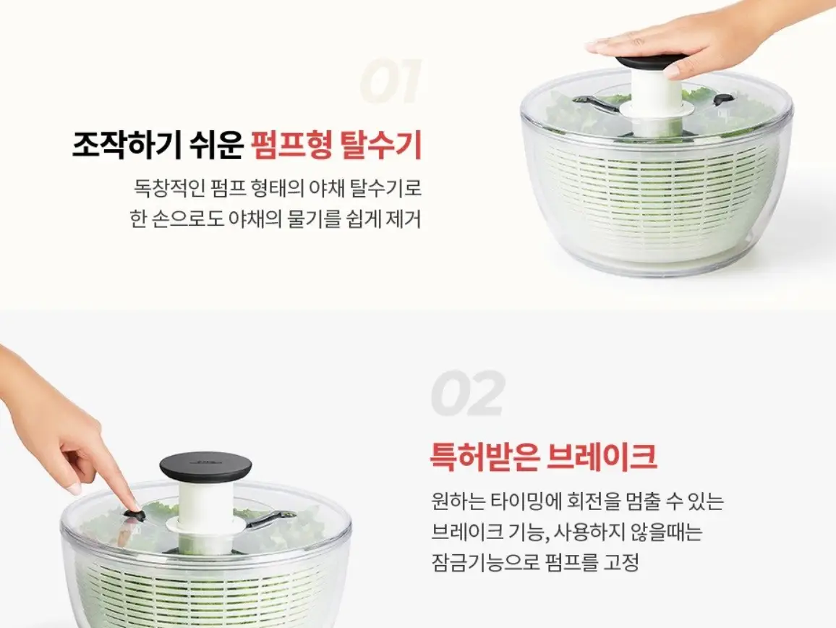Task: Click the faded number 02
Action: (x=467, y=394)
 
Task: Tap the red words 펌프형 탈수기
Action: (x=336, y=145)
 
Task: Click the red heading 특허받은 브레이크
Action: (x=543, y=457)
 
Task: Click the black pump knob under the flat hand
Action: (x=649, y=62)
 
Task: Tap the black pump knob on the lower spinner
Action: (x=205, y=467)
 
